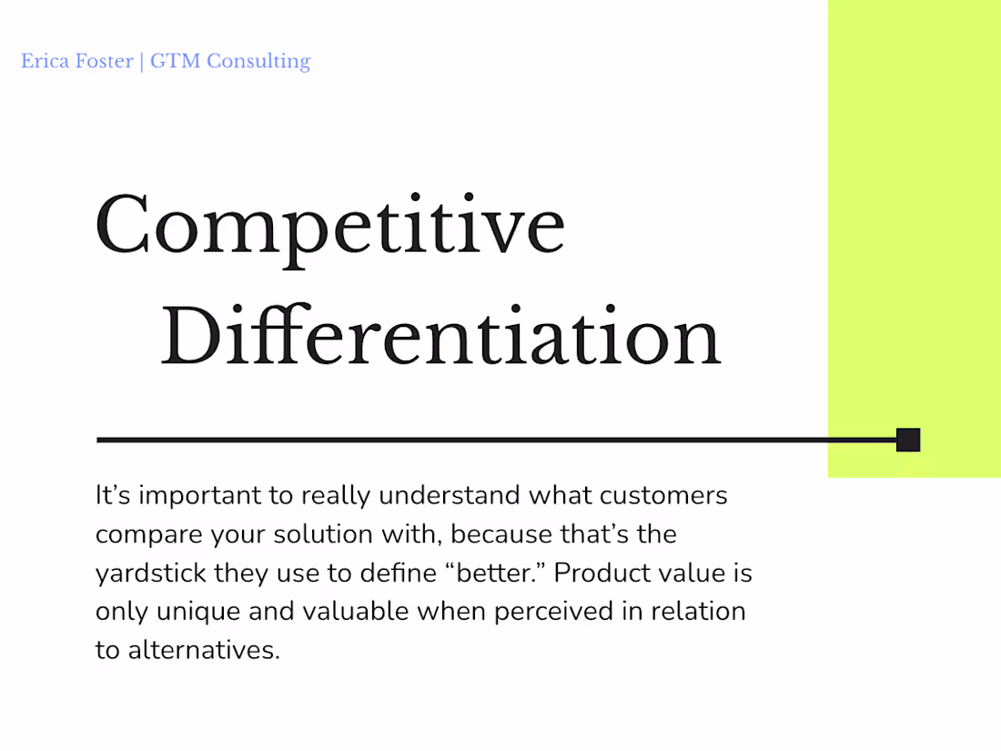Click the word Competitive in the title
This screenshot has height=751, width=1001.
(x=329, y=226)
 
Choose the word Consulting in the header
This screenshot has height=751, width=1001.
(x=258, y=62)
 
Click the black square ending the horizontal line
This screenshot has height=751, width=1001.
(x=907, y=440)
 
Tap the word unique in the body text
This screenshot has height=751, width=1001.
(x=197, y=612)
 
